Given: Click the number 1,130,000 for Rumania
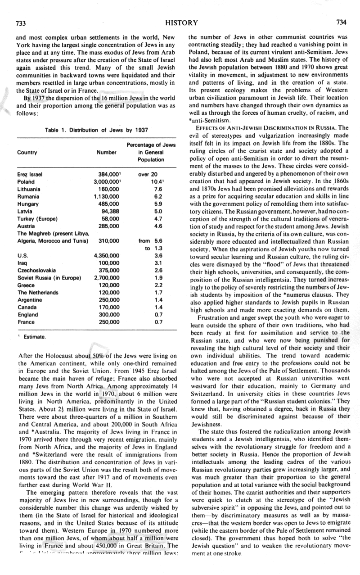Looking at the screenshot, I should click(106, 197).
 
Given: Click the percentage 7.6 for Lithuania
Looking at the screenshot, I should click(157, 190).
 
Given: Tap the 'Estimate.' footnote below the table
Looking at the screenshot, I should click(34, 336).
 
